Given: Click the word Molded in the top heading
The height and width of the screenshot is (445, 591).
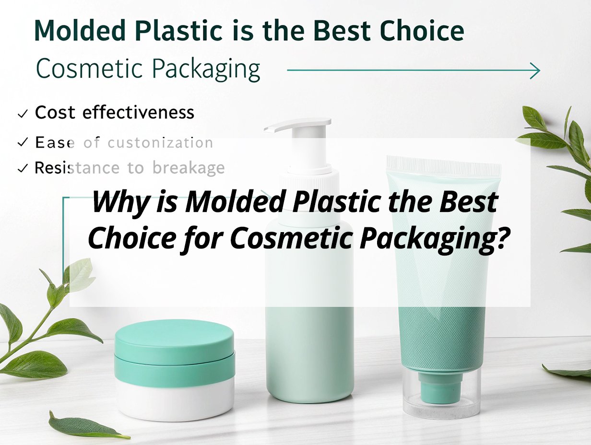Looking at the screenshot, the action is coord(80,30).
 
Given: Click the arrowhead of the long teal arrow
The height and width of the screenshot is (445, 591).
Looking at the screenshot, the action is coord(535,70).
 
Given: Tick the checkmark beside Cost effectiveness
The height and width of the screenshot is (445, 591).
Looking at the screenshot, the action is coord(23,114).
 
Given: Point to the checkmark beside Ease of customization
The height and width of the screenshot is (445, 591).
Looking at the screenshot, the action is coord(23,142).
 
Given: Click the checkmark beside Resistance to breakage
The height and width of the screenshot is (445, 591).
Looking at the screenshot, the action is coord(23,168).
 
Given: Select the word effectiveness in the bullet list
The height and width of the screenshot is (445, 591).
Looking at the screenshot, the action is coord(138,112).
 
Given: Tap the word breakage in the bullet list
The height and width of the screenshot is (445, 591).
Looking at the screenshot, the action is coord(189,168).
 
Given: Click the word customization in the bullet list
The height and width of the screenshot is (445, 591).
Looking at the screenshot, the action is coord(160,143).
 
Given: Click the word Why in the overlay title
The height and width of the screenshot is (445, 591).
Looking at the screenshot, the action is coord(119,203).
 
